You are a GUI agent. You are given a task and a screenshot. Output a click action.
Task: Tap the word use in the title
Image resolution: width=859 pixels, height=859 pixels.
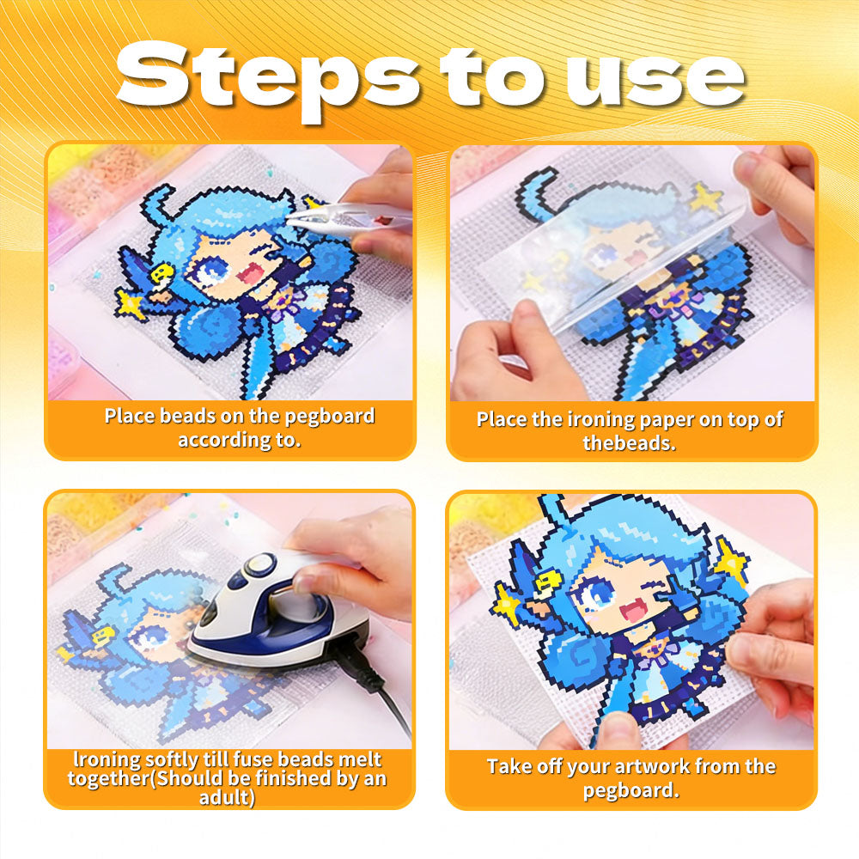coord(655,80)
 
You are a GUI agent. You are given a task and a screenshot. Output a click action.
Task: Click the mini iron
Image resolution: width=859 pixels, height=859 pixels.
coord(279,613)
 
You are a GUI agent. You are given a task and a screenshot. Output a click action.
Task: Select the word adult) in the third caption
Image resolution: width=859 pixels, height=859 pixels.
coord(227,798)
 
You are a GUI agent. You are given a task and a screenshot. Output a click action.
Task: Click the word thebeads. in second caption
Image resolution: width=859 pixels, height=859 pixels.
coord(629,442)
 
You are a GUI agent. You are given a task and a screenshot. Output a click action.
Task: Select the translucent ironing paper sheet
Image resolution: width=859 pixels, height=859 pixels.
coord(630,258)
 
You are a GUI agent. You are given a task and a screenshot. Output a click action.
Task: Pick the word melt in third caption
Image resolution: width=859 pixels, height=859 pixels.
coord(360,759)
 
